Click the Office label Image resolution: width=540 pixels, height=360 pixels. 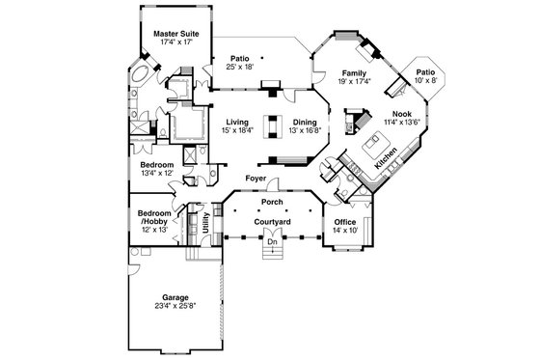(345, 222)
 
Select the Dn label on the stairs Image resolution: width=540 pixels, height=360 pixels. (273, 242)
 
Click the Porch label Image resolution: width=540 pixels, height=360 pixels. (273, 203)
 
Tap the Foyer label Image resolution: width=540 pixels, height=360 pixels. (256, 180)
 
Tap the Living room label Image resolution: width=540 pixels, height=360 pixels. (237, 123)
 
